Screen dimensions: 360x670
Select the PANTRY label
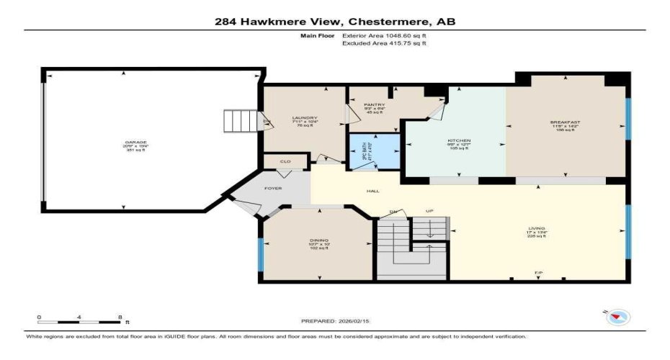(x=370, y=104)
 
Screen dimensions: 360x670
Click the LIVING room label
(x=537, y=228)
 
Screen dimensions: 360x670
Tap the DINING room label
(x=318, y=240)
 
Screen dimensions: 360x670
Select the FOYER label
(x=273, y=188)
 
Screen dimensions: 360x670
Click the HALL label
(x=372, y=192)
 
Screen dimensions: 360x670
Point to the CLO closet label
(x=285, y=162)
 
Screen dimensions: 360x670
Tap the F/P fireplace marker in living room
(x=537, y=274)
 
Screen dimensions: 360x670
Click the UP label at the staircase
(x=430, y=212)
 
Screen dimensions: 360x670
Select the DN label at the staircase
(x=394, y=212)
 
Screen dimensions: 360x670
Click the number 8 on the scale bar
(x=120, y=316)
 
